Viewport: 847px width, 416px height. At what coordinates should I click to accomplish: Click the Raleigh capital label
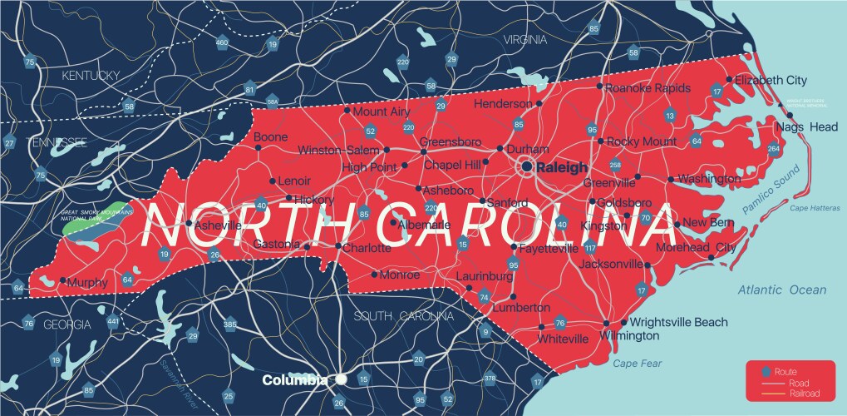(563, 167)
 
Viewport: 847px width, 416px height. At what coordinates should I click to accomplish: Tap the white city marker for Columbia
(341, 379)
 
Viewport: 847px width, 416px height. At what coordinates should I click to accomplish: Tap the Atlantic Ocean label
(781, 290)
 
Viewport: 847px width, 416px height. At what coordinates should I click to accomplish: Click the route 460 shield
(221, 42)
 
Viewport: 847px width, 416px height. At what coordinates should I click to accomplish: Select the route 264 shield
(774, 149)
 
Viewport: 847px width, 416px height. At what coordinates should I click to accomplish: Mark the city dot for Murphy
(62, 280)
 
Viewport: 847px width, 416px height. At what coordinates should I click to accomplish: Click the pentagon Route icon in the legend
(766, 370)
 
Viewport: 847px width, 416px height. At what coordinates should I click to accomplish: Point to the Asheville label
(219, 225)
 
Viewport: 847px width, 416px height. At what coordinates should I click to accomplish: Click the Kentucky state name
(91, 76)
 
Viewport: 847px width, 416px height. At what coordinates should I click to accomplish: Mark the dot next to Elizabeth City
(729, 80)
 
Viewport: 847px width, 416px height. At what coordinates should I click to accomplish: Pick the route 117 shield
(590, 248)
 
